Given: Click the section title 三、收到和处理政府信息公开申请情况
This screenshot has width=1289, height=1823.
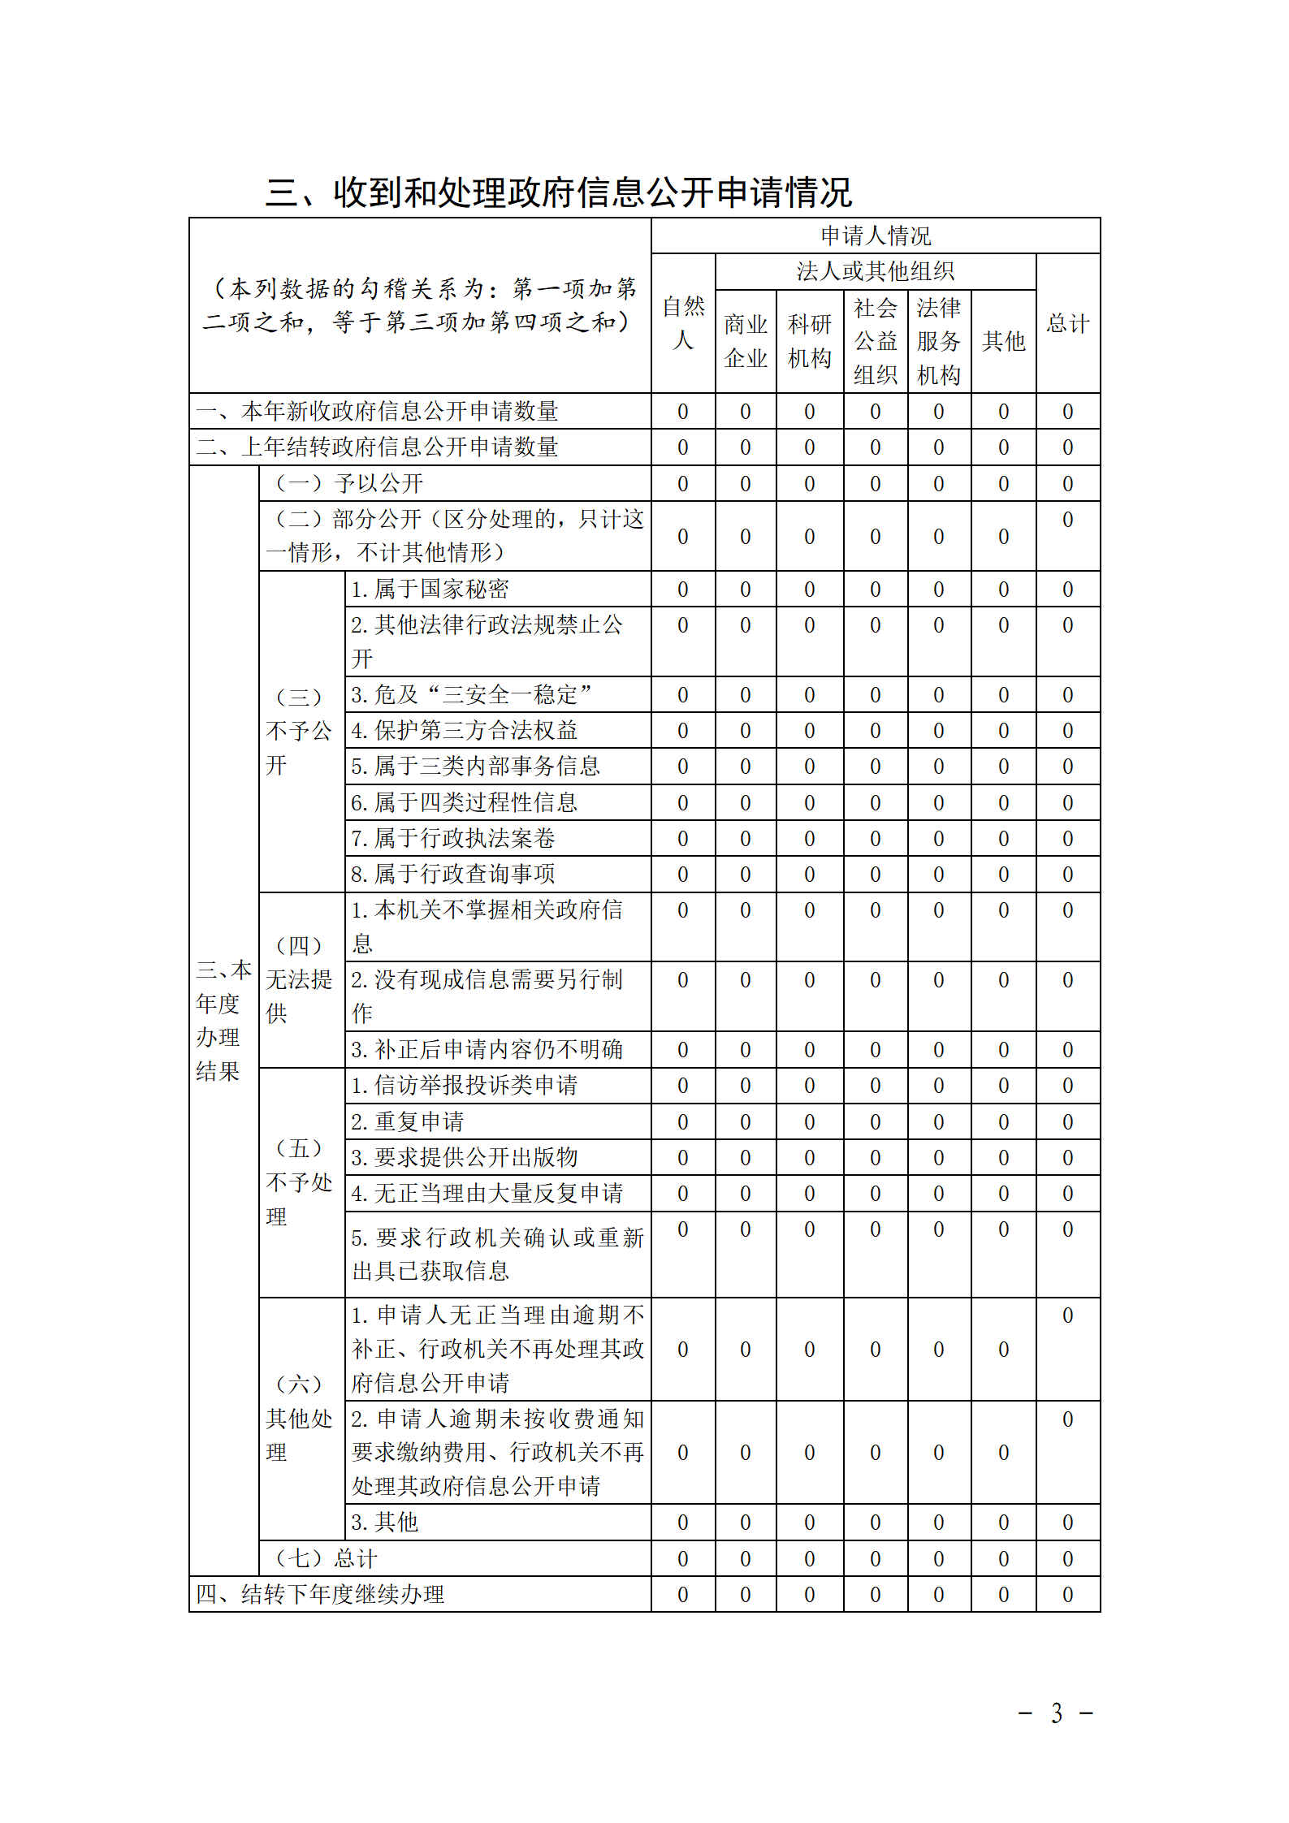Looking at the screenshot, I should point(559,192).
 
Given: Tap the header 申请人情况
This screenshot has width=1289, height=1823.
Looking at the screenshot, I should point(875,235).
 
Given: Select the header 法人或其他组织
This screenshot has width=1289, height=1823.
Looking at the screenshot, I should point(875,271).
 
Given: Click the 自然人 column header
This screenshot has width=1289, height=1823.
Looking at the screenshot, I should point(682,323).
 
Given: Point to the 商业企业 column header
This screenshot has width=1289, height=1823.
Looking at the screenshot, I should point(745,341).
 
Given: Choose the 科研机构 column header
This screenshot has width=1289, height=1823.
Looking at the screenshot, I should point(809,341).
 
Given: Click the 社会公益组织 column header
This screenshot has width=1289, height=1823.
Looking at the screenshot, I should point(875,341).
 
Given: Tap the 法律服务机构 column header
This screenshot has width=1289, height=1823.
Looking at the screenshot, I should point(938,341).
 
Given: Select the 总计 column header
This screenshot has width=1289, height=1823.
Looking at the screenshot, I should point(1067,323).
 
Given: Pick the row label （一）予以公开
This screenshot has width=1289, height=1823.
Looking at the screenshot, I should point(349,484).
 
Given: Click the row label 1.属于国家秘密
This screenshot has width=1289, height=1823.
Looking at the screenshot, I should point(430,589).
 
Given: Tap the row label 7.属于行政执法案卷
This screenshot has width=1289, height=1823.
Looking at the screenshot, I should point(452,838).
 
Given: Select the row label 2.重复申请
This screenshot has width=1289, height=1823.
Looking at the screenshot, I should point(407,1121).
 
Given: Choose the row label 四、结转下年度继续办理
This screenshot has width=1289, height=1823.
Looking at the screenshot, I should point(320,1594).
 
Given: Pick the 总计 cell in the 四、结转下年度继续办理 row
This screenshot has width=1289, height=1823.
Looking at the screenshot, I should point(1067,1595).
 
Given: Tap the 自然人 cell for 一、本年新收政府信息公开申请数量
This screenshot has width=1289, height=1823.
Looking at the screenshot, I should point(682,412).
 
